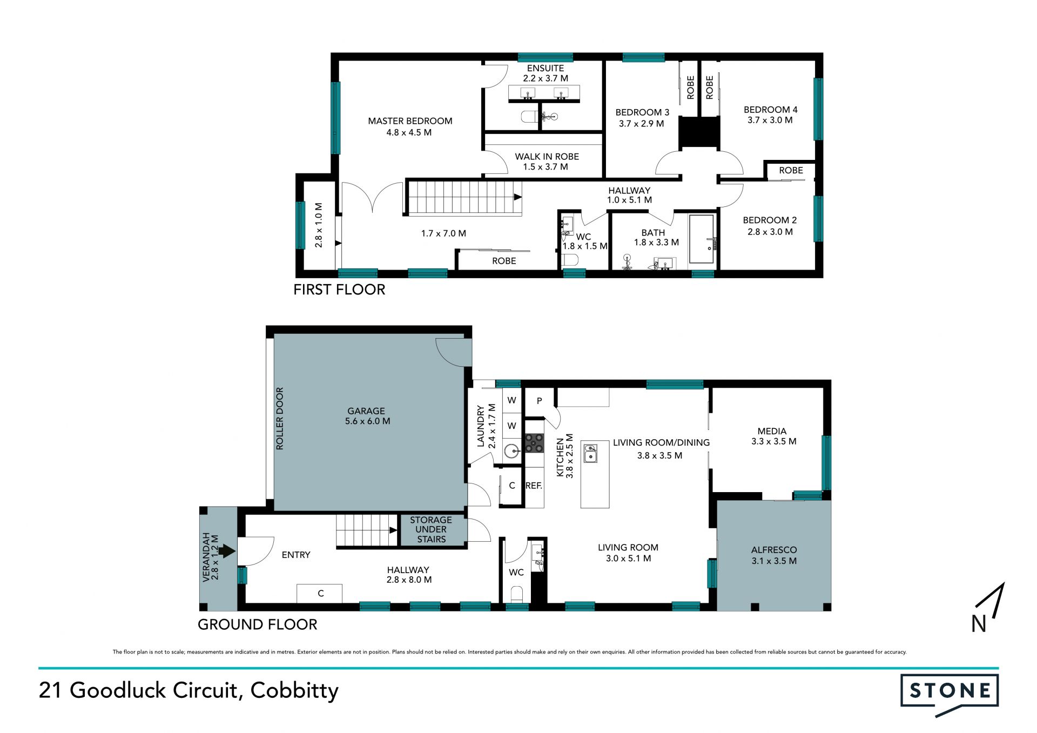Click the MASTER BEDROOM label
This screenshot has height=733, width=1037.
(410, 121)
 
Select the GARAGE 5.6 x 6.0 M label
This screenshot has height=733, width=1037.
(367, 416)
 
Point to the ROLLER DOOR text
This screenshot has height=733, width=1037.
(280, 419)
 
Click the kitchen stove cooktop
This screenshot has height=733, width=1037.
(534, 443)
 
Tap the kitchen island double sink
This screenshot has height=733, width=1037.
(590, 454)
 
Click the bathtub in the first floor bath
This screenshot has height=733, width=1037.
(702, 240)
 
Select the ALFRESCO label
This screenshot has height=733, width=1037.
(774, 550)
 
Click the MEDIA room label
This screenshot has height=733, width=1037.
(772, 431)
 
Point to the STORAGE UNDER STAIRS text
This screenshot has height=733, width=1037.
(431, 529)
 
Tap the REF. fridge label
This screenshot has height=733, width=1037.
(534, 486)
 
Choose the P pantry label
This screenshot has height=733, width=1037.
(539, 401)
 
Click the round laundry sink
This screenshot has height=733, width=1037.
(511, 450)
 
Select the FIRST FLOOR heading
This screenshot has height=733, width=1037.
(339, 290)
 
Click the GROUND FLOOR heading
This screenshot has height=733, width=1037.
(258, 624)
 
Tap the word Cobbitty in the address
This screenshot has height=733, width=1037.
(294, 690)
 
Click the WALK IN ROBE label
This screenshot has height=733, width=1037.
(547, 157)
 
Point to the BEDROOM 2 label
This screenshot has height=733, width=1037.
(770, 220)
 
